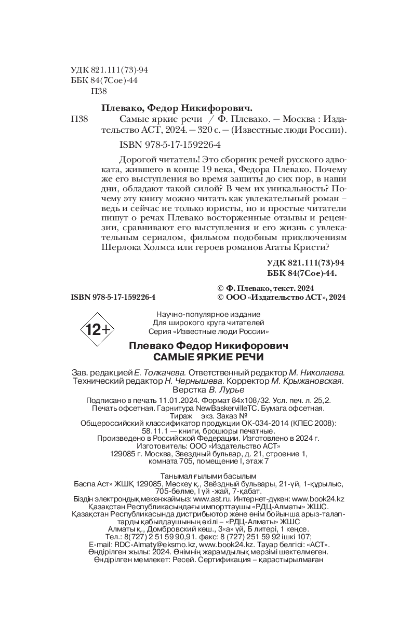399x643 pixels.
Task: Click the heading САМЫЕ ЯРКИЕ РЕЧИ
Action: [x=208, y=357]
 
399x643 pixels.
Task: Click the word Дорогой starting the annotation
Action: [x=133, y=160]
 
